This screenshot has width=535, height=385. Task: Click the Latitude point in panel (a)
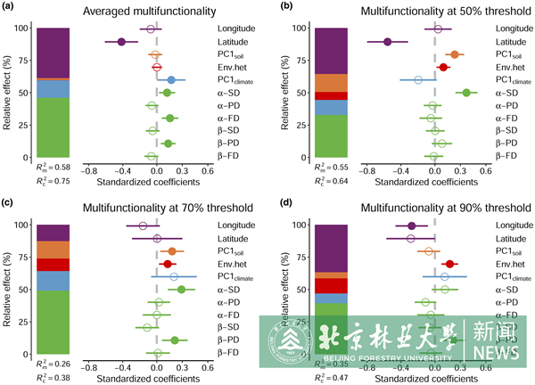coord(121,42)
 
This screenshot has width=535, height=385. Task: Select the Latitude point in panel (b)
coord(388,42)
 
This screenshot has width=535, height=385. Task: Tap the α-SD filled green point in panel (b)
coord(465,93)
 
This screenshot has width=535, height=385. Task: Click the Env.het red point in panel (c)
coord(167,264)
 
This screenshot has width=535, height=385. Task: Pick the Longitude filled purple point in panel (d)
coord(411,225)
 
